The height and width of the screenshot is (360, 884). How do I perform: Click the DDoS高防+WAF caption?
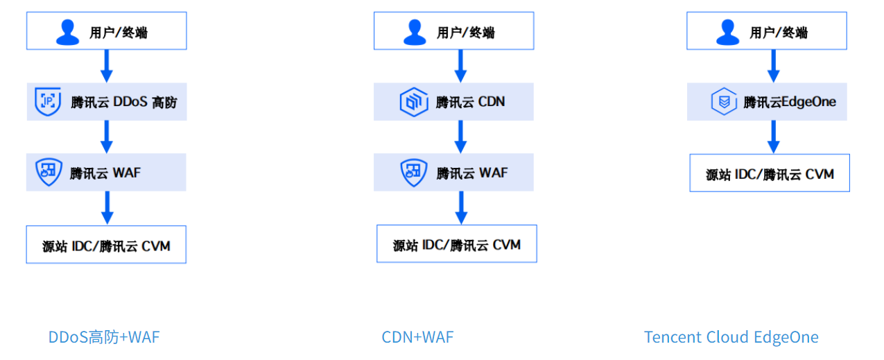point(104,337)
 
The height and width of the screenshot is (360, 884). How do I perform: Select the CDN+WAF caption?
point(417,337)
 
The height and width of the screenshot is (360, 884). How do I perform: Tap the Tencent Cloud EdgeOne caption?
point(731,337)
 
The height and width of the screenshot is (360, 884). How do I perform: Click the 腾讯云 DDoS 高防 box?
point(107,102)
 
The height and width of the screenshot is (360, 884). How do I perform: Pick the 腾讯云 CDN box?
point(454,102)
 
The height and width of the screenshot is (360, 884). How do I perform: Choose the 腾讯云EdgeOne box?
point(767,102)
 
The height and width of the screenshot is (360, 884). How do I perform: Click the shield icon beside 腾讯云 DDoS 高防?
point(48,102)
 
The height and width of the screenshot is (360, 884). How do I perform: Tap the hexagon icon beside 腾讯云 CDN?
point(413,103)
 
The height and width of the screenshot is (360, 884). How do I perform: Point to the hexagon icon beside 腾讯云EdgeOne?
point(724,103)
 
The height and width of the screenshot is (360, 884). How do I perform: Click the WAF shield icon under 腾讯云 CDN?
point(414,173)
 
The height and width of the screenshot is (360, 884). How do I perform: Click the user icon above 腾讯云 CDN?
point(415,32)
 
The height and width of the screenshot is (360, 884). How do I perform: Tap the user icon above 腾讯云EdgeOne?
point(727,32)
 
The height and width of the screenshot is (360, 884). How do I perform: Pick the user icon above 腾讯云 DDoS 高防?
point(68,32)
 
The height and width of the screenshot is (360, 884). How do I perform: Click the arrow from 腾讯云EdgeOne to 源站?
point(774,137)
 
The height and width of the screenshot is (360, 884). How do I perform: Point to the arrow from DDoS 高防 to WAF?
point(107,137)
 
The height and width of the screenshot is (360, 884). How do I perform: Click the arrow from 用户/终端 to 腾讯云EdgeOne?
point(774,66)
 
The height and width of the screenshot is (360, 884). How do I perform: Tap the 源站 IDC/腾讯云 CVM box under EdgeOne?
point(770,173)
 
